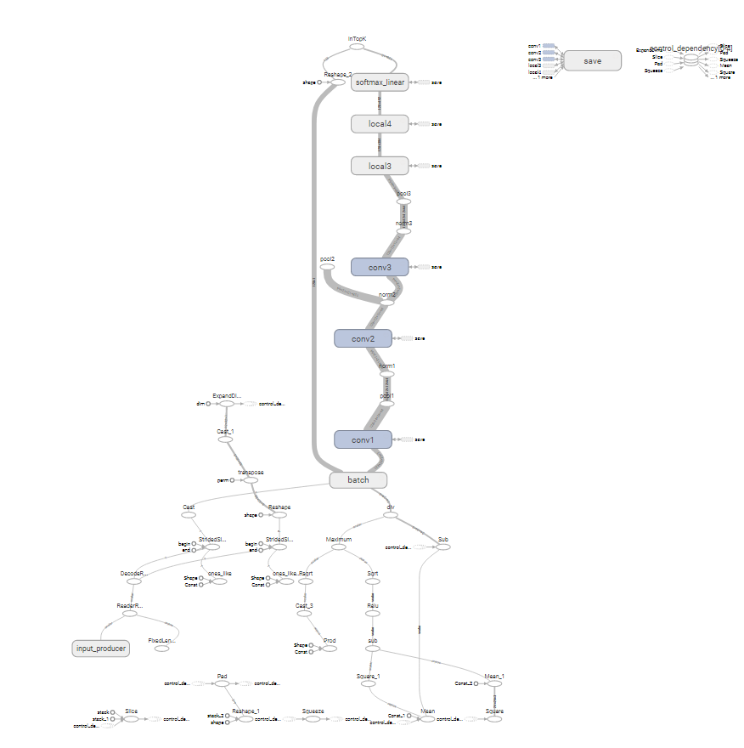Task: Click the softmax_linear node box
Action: (x=380, y=82)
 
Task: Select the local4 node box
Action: (x=380, y=124)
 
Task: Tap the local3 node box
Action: (x=380, y=166)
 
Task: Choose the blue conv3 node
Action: (x=380, y=267)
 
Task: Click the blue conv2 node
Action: (x=363, y=338)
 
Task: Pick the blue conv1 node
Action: (x=363, y=439)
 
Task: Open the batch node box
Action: (x=358, y=480)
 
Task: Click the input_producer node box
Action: (x=100, y=649)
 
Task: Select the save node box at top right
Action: (x=593, y=61)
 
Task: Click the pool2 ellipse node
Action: (x=328, y=267)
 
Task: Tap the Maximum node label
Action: (x=339, y=540)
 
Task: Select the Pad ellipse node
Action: (x=222, y=683)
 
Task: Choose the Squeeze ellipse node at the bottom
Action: (x=314, y=719)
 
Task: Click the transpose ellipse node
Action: (x=251, y=480)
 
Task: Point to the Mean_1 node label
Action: (x=494, y=676)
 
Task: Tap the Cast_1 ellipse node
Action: (x=225, y=439)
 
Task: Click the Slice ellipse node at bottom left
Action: (x=131, y=719)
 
